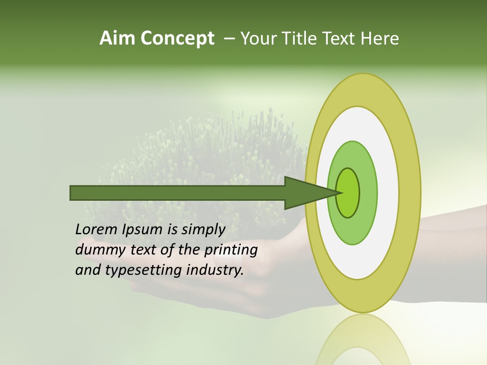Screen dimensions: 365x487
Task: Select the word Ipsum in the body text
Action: pyautogui.click(x=143, y=230)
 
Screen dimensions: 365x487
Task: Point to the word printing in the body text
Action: pyautogui.click(x=231, y=250)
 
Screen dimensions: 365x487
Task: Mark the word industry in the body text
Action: pyautogui.click(x=215, y=270)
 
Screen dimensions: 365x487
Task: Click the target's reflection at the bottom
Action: pyautogui.click(x=363, y=342)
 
